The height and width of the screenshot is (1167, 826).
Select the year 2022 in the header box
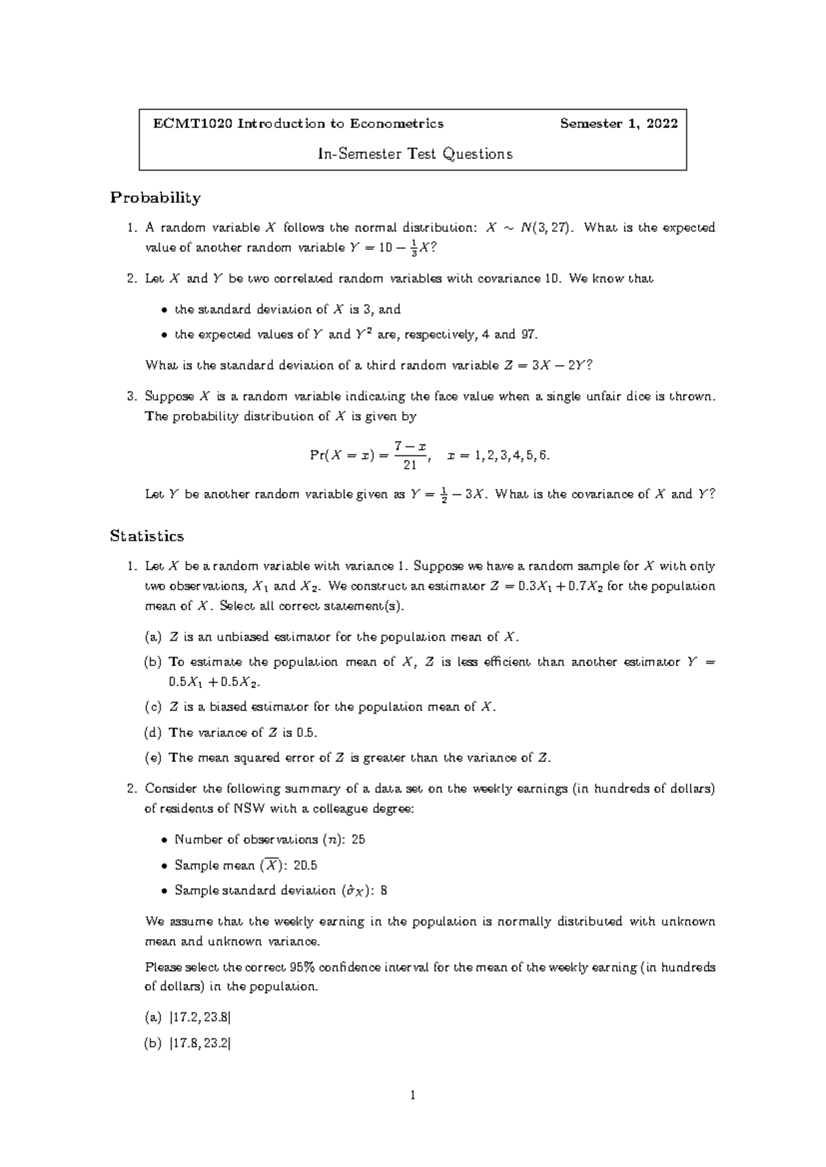click(663, 124)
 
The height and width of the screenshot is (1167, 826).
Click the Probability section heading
click(156, 198)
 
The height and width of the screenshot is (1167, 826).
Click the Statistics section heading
click(147, 536)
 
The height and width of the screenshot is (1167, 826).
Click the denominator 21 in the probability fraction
click(410, 466)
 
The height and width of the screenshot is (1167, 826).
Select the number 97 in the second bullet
click(527, 335)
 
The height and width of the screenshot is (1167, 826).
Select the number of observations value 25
click(358, 840)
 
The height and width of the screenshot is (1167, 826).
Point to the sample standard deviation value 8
click(383, 891)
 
